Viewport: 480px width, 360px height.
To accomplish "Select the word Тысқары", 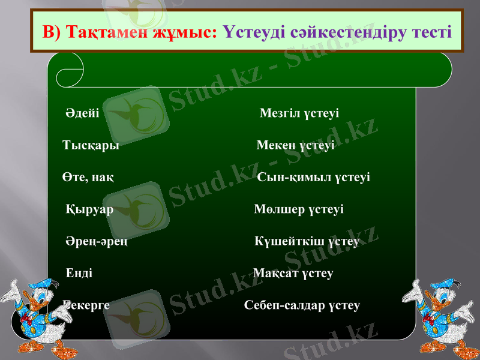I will click(x=91, y=145).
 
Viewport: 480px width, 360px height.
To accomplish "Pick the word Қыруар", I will click(x=89, y=209).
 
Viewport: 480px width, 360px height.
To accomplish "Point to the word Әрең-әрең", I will click(x=96, y=241).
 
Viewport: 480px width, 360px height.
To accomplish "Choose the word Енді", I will click(x=79, y=274).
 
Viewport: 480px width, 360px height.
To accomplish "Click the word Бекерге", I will click(x=86, y=305).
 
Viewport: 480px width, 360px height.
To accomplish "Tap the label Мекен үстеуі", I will click(x=296, y=145).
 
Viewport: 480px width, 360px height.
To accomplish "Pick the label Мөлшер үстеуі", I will click(x=299, y=209).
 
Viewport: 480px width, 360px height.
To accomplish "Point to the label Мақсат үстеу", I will click(x=293, y=274).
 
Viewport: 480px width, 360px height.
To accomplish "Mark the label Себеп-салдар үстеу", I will click(x=302, y=305).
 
